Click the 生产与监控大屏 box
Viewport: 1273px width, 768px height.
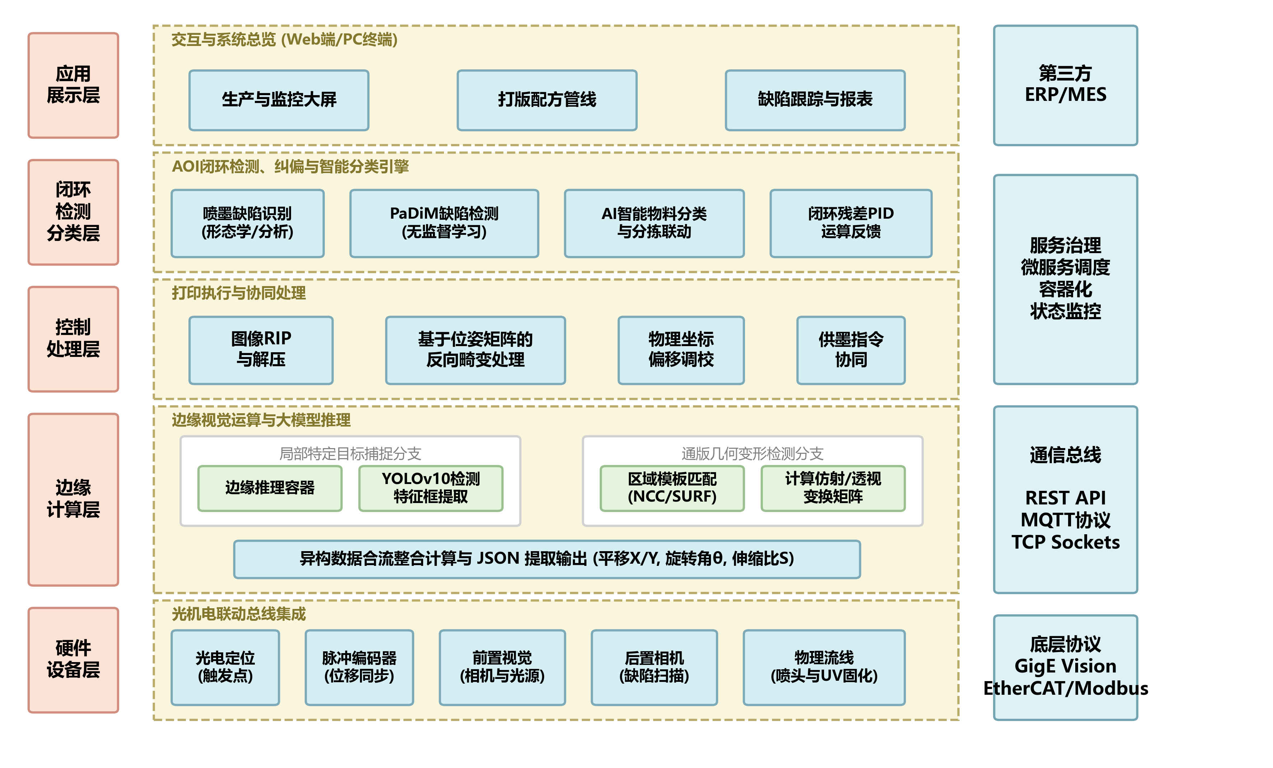pyautogui.click(x=279, y=100)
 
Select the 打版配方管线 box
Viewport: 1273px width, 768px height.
pyautogui.click(x=547, y=100)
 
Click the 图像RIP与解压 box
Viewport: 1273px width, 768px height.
pyautogui.click(x=261, y=350)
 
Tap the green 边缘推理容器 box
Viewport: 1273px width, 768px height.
pyautogui.click(x=270, y=488)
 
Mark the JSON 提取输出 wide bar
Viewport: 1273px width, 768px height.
pyautogui.click(x=547, y=559)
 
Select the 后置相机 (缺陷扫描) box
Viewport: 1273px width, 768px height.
pyautogui.click(x=654, y=667)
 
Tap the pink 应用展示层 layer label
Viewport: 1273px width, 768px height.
pyautogui.click(x=73, y=85)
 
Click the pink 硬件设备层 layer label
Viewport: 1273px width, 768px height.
pyautogui.click(x=73, y=660)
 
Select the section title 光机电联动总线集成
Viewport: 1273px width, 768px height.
pyautogui.click(x=238, y=614)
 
